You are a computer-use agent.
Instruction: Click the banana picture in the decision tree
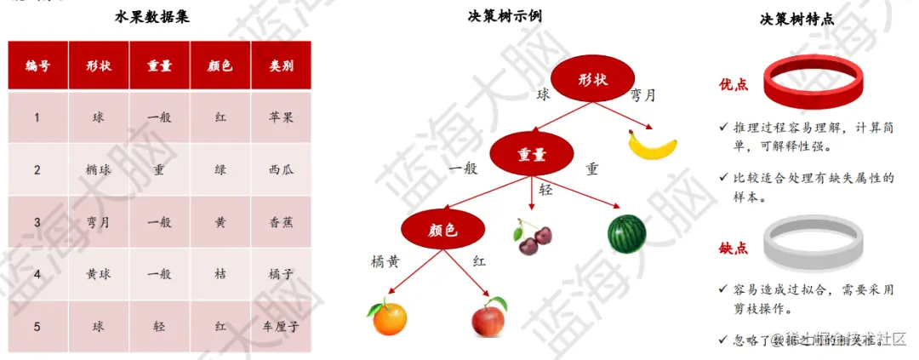coord(653,144)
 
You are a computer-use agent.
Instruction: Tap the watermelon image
coord(626,231)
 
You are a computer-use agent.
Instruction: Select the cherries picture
coord(530,237)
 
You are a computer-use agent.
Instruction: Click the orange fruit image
coord(387,317)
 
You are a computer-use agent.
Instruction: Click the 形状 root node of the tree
coord(593,80)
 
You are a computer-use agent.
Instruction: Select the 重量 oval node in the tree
coord(532,155)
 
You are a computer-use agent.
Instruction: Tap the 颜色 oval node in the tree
coord(443,230)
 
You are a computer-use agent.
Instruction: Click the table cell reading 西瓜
coord(280,169)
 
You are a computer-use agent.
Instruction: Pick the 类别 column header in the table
coord(280,66)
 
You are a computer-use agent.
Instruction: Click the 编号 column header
coord(37,66)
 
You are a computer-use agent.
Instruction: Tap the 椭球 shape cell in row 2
coord(99,169)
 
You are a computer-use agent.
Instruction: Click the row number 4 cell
coord(37,274)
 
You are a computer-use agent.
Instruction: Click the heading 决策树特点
coord(796,19)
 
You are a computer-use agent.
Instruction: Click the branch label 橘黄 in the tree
coord(385,262)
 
